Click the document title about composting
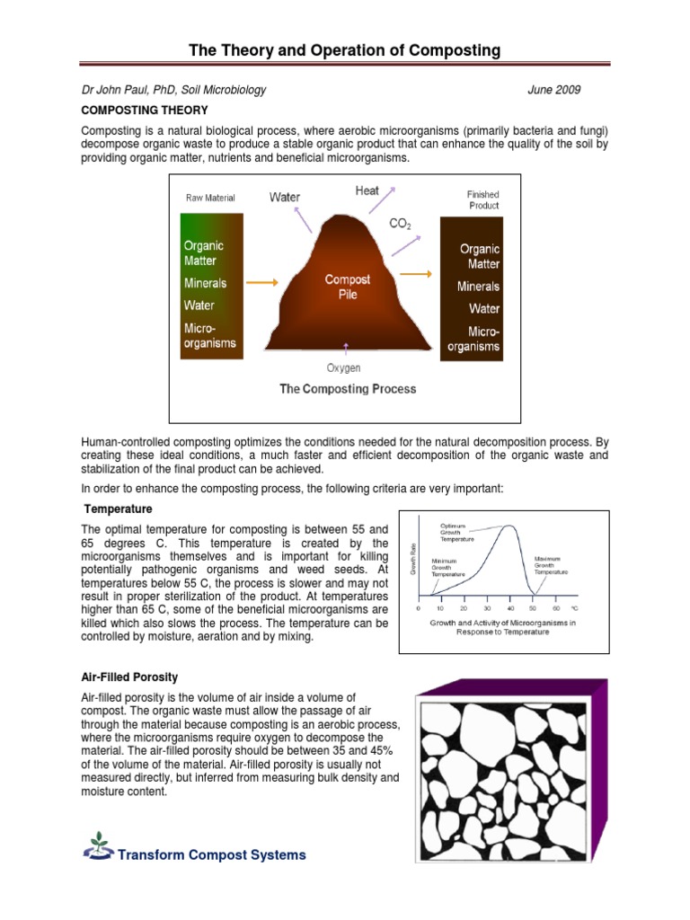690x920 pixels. tap(345, 50)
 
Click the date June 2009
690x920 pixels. tap(554, 90)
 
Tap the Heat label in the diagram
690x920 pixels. tap(367, 190)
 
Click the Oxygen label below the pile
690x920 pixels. tap(343, 367)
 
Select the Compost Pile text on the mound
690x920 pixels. tap(347, 287)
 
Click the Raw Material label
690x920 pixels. tap(210, 198)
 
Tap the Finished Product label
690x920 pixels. tap(482, 199)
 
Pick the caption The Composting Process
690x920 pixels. tap(348, 389)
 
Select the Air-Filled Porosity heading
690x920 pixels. tap(129, 677)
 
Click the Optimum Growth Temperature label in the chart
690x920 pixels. tap(457, 533)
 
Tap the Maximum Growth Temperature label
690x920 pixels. tap(552, 564)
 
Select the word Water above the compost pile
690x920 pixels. tap(285, 198)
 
